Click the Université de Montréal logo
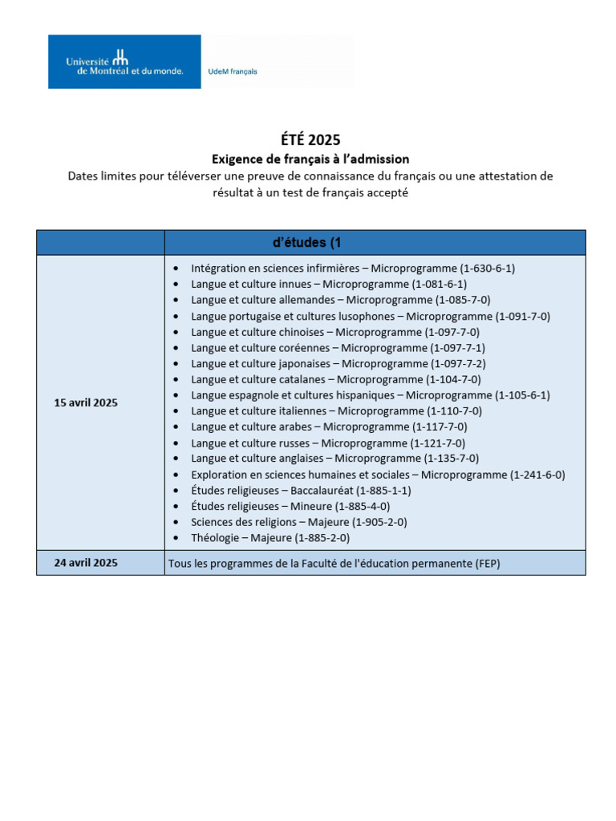(124, 62)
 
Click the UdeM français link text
(233, 71)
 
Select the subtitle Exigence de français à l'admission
(310, 159)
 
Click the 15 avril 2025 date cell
(86, 402)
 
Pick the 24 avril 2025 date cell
(86, 563)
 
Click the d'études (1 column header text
(308, 243)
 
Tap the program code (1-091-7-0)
(522, 316)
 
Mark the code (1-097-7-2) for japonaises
(457, 363)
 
